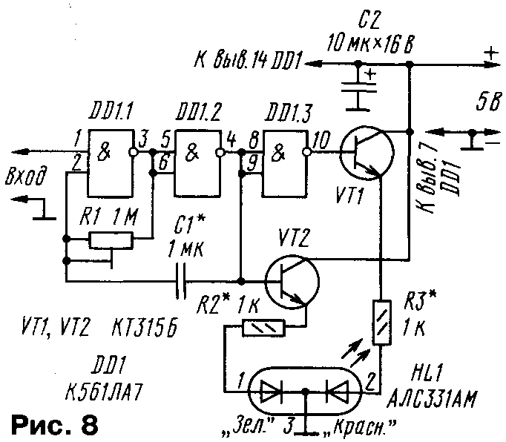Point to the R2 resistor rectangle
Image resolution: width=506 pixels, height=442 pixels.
pyautogui.click(x=264, y=327)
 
